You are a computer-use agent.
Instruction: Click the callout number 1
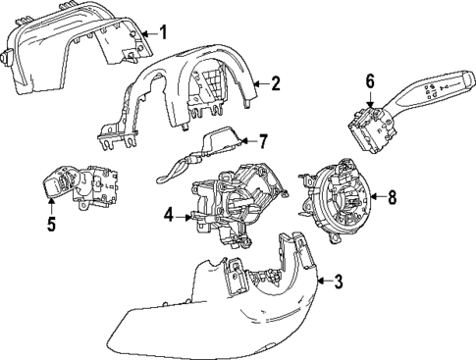(x=163, y=33)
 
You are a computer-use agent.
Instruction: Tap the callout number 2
(x=276, y=84)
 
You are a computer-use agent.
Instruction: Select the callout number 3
(x=338, y=283)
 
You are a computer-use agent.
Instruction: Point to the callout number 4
(x=169, y=215)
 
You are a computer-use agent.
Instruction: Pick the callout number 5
(x=50, y=225)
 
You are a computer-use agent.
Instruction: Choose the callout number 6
(x=370, y=80)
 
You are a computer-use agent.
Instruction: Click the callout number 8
(x=392, y=197)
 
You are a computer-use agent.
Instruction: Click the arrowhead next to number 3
(x=321, y=283)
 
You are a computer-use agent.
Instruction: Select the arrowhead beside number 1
(x=146, y=34)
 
